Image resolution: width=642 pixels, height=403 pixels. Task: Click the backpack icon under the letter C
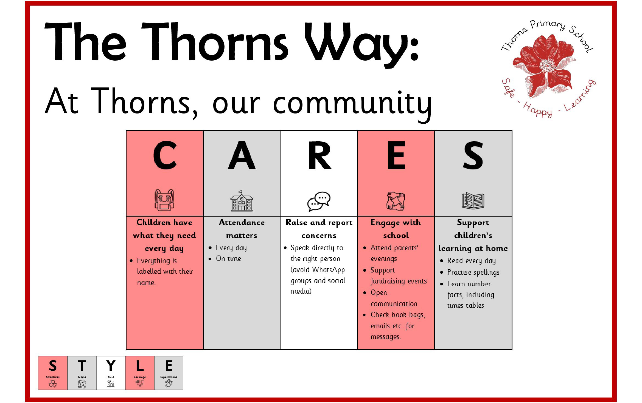pyautogui.click(x=164, y=200)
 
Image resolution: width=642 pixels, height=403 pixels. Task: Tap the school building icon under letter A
pyautogui.click(x=242, y=201)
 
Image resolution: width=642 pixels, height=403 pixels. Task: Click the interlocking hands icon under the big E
pyautogui.click(x=396, y=201)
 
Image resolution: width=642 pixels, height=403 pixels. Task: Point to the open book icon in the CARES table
pyautogui.click(x=473, y=200)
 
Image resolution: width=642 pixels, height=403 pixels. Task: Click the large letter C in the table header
pyautogui.click(x=165, y=155)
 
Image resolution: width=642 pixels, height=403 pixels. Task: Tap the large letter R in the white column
pyautogui.click(x=319, y=155)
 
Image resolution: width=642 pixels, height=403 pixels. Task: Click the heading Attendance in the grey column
pyautogui.click(x=242, y=222)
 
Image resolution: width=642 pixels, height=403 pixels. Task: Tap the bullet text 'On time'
pyautogui.click(x=228, y=259)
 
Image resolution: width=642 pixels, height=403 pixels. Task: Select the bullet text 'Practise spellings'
pyautogui.click(x=473, y=272)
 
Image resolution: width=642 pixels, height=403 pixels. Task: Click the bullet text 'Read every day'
pyautogui.click(x=471, y=261)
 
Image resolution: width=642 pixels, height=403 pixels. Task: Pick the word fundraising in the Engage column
pyautogui.click(x=388, y=281)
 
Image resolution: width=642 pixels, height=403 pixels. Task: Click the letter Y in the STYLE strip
pyautogui.click(x=111, y=365)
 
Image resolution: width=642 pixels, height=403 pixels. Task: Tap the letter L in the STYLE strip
pyautogui.click(x=140, y=365)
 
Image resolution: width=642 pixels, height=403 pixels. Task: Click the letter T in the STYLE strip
pyautogui.click(x=82, y=365)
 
